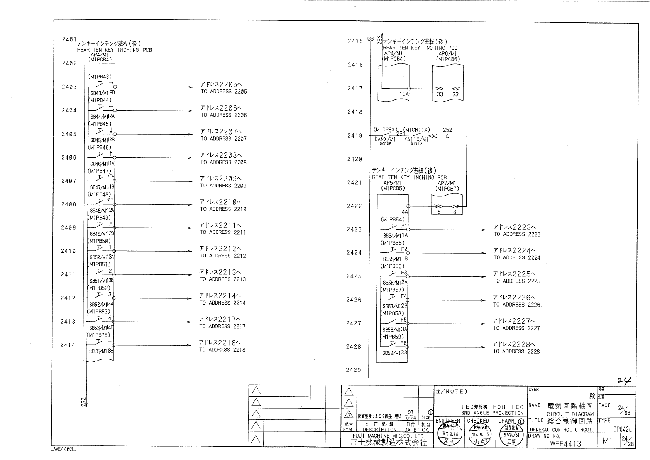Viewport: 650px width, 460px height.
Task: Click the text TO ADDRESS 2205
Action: click(x=223, y=92)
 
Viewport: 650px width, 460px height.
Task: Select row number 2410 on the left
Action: click(x=68, y=251)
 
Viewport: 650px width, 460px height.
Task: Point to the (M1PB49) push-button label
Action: click(x=100, y=218)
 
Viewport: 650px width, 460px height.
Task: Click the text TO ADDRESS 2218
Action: click(x=222, y=350)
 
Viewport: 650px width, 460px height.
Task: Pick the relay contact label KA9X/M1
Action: click(x=385, y=140)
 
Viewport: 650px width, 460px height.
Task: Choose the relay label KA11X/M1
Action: click(x=416, y=140)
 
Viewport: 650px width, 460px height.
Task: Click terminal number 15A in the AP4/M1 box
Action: click(x=404, y=94)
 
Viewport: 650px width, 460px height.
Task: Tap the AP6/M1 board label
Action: click(x=448, y=54)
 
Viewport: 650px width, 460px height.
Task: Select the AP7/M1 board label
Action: click(x=447, y=183)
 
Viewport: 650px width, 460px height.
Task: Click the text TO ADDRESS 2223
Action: click(x=517, y=234)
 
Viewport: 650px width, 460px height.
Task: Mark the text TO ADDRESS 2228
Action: click(x=516, y=351)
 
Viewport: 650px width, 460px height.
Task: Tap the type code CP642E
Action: click(x=622, y=429)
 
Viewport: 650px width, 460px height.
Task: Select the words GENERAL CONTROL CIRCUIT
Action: click(x=562, y=429)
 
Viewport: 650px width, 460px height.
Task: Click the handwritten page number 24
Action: click(x=625, y=381)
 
